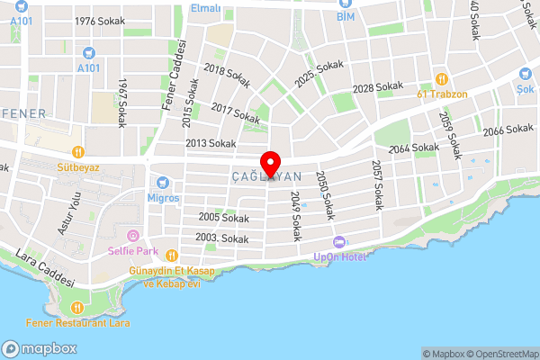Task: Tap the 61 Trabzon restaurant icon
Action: pyautogui.click(x=441, y=78)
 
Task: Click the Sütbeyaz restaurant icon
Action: pyautogui.click(x=78, y=152)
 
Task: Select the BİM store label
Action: pyautogui.click(x=346, y=16)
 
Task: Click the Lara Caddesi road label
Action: pyautogui.click(x=45, y=268)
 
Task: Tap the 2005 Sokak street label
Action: pyautogui.click(x=223, y=218)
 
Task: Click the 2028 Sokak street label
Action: pyautogui.click(x=377, y=87)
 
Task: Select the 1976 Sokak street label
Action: pyautogui.click(x=98, y=21)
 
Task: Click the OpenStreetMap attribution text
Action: pyautogui.click(x=499, y=354)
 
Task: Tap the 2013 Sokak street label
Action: pyautogui.click(x=210, y=143)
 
